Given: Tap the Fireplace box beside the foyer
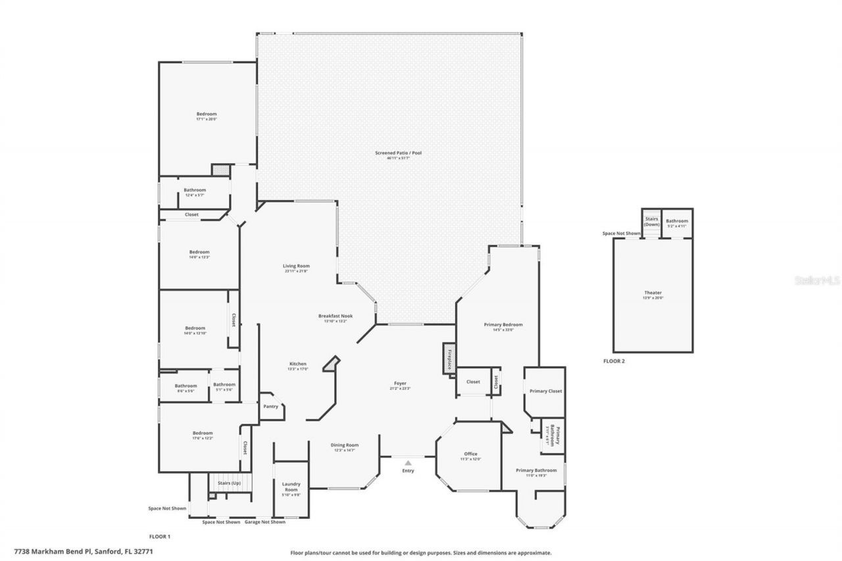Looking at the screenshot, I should point(449,359).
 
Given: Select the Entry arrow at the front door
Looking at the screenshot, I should point(408,463).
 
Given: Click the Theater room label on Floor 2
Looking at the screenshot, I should point(653,293).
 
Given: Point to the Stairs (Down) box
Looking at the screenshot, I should point(651,222).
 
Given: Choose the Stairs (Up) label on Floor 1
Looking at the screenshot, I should point(229,483).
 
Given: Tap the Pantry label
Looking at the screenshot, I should point(270,406).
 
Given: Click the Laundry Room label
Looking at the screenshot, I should point(291,487).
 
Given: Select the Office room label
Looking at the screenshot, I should point(470,454).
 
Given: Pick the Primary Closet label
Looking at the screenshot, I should point(545,391).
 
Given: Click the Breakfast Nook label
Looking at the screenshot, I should point(335,316).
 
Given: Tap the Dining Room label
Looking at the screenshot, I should point(344,445).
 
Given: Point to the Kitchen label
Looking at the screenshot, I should point(298,364).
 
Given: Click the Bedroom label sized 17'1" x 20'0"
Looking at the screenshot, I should point(206,114).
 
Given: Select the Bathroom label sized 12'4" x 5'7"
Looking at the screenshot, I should point(195,190).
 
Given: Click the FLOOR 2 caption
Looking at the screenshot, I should point(614,361).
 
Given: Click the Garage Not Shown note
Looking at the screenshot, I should point(265,522).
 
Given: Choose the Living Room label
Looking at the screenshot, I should point(297,266).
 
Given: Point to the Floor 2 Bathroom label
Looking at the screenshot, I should point(677,221).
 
